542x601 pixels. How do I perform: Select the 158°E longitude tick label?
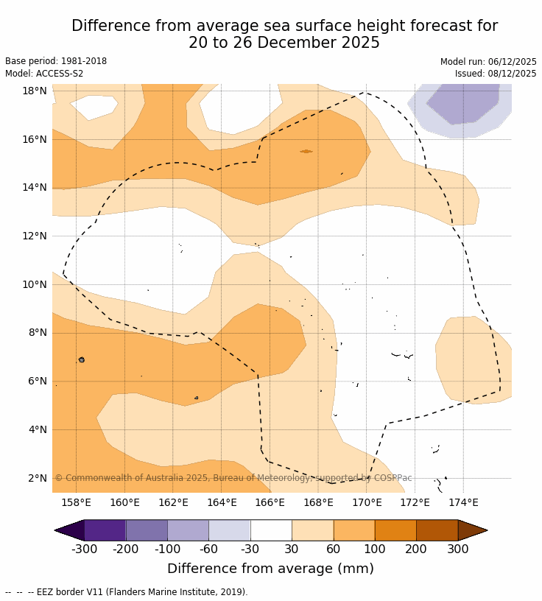(76, 502)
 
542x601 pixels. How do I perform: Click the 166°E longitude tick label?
(270, 502)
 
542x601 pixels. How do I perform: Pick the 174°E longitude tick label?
(463, 502)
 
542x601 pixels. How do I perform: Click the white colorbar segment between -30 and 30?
(271, 530)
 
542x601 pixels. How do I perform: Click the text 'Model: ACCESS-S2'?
(44, 74)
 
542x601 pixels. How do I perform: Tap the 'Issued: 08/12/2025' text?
(496, 74)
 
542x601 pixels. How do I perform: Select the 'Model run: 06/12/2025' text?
(488, 62)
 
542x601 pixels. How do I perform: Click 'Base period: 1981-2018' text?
(56, 62)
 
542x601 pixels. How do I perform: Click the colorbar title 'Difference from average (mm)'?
(270, 569)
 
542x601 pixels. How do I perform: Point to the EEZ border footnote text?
(126, 592)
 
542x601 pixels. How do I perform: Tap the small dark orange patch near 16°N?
(306, 151)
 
